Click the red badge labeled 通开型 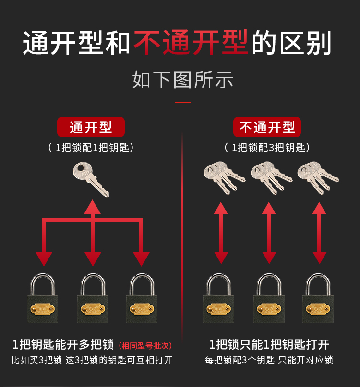91,127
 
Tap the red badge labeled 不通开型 267,127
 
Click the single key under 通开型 90,179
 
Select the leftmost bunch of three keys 224,177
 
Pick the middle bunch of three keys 271,177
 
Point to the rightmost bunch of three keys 318,177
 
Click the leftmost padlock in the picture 43,298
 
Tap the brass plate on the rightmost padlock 318,309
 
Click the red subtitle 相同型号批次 145,346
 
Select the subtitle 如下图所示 182,80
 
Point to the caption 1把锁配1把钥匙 91,148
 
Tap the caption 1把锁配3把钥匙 267,148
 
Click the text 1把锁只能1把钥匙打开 269,344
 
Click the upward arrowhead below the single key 93,207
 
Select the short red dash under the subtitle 182,103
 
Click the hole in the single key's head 80,169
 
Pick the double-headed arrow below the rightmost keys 319,233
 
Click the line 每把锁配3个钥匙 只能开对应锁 269,360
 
